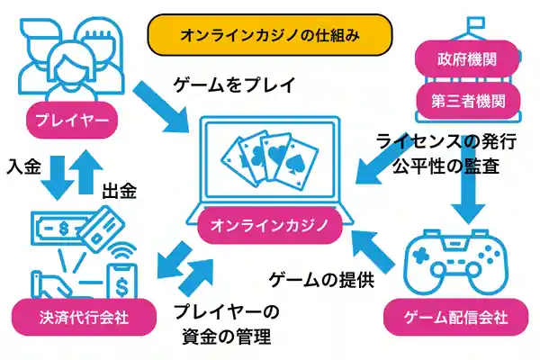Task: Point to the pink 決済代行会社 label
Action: click(x=67, y=318)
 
